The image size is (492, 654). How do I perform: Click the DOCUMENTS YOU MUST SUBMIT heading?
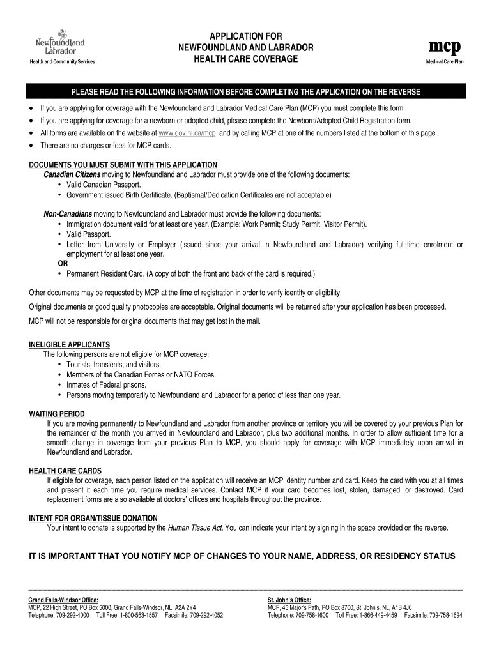click(x=123, y=165)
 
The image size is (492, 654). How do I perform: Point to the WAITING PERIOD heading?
click(x=57, y=414)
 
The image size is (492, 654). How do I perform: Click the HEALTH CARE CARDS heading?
click(x=65, y=471)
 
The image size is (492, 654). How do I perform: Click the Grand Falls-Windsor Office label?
click(x=63, y=600)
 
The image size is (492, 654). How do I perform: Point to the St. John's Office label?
click(x=289, y=600)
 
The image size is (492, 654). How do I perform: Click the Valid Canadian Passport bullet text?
click(x=104, y=185)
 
